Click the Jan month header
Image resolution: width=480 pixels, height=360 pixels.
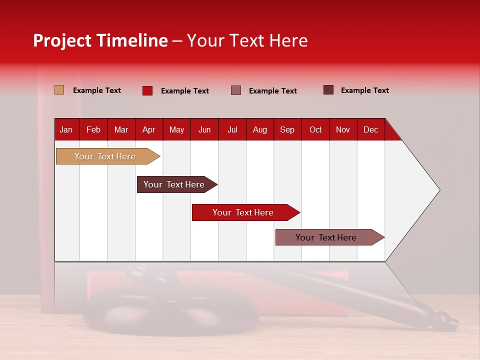(66, 129)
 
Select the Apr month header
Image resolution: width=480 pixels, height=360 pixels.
(148, 129)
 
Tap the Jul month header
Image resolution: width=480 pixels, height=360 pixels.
(232, 129)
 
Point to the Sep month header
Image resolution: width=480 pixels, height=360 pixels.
(287, 129)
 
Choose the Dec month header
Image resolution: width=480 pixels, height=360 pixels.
(370, 129)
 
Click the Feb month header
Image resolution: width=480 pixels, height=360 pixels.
(93, 129)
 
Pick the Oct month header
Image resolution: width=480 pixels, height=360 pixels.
(315, 129)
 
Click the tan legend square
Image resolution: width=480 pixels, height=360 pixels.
(59, 90)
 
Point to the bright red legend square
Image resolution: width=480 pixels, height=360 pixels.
(147, 90)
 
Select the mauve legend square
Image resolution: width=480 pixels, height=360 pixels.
(236, 90)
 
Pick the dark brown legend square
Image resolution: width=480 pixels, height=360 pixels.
(328, 90)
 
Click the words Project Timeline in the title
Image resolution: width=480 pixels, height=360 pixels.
(100, 40)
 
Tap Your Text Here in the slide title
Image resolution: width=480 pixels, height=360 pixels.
(247, 40)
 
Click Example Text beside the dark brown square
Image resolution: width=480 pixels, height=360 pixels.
(364, 90)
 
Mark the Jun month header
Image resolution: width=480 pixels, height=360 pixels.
(204, 129)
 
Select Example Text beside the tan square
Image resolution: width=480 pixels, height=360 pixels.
(97, 90)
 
